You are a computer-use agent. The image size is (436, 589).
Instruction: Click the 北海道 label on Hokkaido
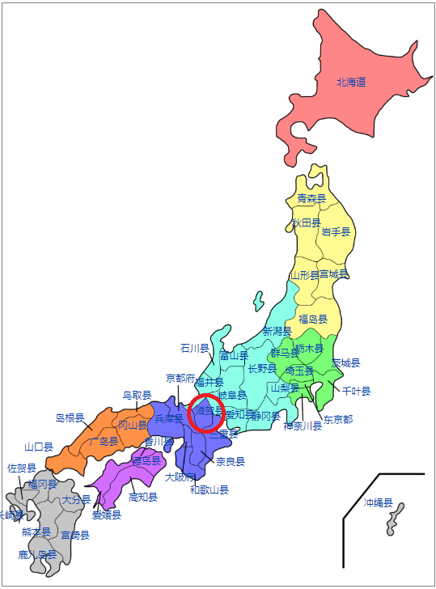pyautogui.click(x=352, y=82)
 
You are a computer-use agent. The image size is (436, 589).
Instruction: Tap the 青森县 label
pyautogui.click(x=311, y=198)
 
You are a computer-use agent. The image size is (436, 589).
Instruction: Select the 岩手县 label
pyautogui.click(x=336, y=231)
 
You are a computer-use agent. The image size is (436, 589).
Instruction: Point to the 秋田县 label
pyautogui.click(x=307, y=222)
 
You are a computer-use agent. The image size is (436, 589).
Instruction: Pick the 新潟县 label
pyautogui.click(x=277, y=332)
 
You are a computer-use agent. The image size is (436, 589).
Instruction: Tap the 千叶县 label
pyautogui.click(x=356, y=392)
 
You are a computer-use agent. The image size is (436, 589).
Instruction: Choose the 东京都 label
pyautogui.click(x=338, y=419)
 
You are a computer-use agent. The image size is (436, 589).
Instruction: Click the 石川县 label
pyautogui.click(x=194, y=348)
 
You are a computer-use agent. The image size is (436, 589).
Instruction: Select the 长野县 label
pyautogui.click(x=262, y=369)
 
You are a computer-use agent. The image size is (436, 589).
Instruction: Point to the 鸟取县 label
pyautogui.click(x=138, y=396)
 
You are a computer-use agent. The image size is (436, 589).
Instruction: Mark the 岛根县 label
pyautogui.click(x=70, y=418)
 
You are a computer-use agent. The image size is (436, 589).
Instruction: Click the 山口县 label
pyautogui.click(x=39, y=447)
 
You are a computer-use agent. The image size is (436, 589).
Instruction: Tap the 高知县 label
pyautogui.click(x=143, y=497)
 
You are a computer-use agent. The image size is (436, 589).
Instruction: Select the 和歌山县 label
pyautogui.click(x=209, y=489)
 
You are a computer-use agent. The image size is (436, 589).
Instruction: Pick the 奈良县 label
pyautogui.click(x=231, y=461)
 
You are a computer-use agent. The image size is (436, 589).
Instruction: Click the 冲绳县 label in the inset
pyautogui.click(x=378, y=503)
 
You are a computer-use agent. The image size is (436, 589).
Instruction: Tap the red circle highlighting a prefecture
pyautogui.click(x=206, y=412)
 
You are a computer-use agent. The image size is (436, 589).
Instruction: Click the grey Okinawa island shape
pyautogui.click(x=395, y=519)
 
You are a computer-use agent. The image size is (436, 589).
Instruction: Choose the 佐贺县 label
pyautogui.click(x=22, y=468)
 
